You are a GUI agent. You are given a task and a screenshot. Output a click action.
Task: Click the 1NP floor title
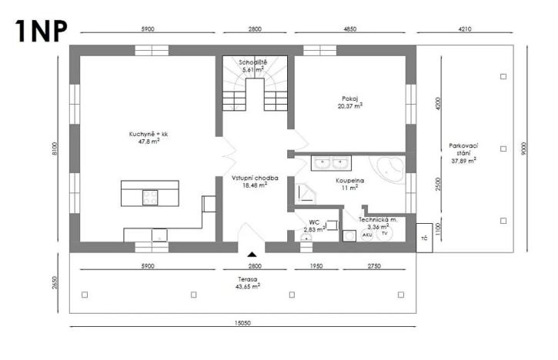click(x=40, y=28)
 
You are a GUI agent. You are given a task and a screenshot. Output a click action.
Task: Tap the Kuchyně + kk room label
click(x=149, y=138)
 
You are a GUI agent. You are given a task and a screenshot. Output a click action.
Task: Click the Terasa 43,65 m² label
click(x=247, y=282)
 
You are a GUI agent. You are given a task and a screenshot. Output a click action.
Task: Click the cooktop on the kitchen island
click(x=149, y=197)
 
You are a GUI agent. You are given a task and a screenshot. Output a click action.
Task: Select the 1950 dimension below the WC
click(x=316, y=265)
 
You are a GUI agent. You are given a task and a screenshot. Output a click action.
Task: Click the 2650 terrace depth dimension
click(x=55, y=282)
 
